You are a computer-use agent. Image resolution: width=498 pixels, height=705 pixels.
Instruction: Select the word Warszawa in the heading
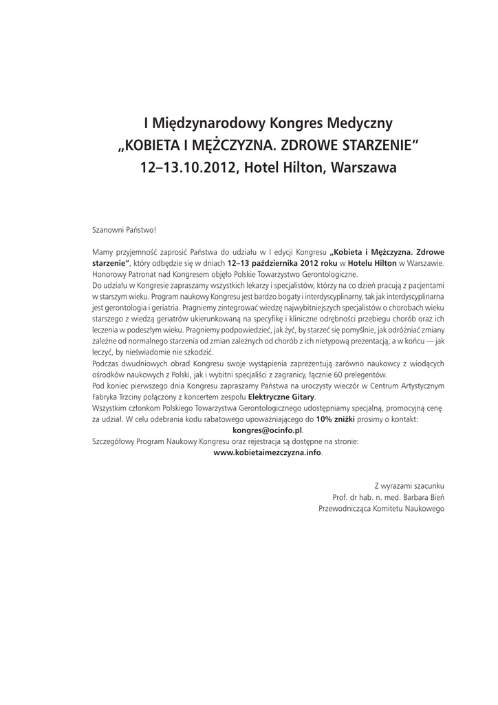coord(363,167)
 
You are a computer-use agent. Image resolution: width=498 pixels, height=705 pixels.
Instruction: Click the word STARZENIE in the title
coord(371,146)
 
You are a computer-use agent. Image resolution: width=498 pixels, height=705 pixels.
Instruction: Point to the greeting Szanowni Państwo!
coord(124,231)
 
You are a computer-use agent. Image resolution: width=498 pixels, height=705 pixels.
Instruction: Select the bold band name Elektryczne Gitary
coord(281,397)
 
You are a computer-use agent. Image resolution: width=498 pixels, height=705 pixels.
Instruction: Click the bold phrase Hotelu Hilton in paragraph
coord(371,263)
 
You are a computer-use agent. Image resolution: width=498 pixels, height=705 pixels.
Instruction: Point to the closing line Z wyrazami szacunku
coord(409,485)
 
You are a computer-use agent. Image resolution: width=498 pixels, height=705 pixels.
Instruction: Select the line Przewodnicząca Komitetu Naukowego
coord(382,509)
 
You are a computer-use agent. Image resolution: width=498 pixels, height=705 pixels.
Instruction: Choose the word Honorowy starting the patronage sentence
coord(110,273)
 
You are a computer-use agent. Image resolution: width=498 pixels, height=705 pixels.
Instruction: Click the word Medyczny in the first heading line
coord(362,124)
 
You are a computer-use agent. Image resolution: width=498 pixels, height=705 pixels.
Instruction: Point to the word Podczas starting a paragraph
coord(107,364)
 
